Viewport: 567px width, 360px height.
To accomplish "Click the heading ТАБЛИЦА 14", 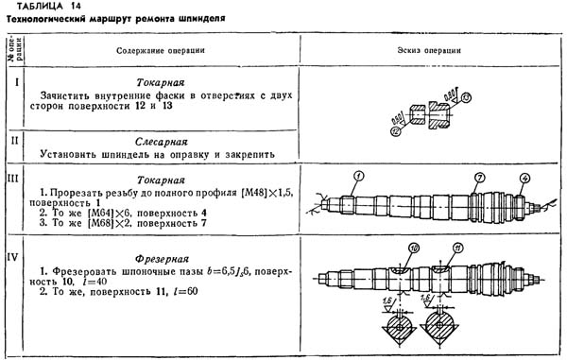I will tap(43, 7).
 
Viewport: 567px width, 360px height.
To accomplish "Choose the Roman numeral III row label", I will tap(10, 178).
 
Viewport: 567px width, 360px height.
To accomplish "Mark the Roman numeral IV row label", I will tap(10, 253).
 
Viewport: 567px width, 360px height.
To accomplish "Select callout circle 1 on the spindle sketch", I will tap(360, 176).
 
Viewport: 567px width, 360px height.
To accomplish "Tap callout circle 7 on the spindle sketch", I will tap(480, 178).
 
